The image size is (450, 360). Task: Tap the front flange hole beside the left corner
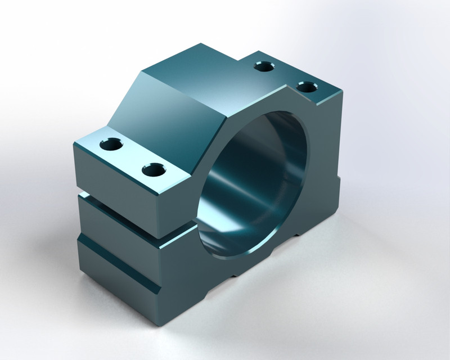tap(111, 145)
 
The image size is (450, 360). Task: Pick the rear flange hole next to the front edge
tap(307, 87)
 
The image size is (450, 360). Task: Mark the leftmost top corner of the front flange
tap(75, 143)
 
